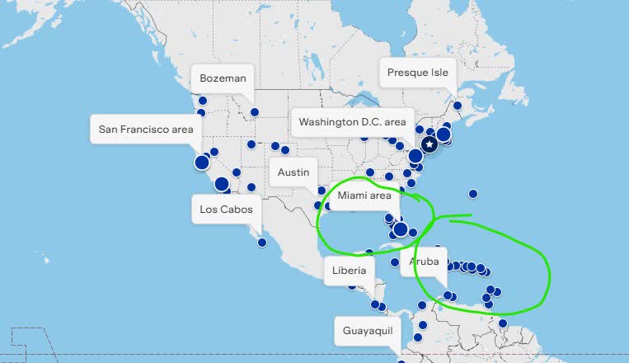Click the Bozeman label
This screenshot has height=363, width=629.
223,79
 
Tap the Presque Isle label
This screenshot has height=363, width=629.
418,73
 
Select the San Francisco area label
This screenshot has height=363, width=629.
145,130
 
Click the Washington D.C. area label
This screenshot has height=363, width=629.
352,122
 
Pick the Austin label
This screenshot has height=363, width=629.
293,172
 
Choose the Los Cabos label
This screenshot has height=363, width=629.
231,210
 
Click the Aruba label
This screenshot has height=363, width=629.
423,262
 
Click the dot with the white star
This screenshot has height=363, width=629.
430,144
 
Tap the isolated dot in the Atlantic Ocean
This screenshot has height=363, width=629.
473,194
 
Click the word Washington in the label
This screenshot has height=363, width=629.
328,122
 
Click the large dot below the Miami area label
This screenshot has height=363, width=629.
401,229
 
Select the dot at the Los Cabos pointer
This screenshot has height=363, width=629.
262,242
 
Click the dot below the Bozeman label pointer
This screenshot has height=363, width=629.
255,111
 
